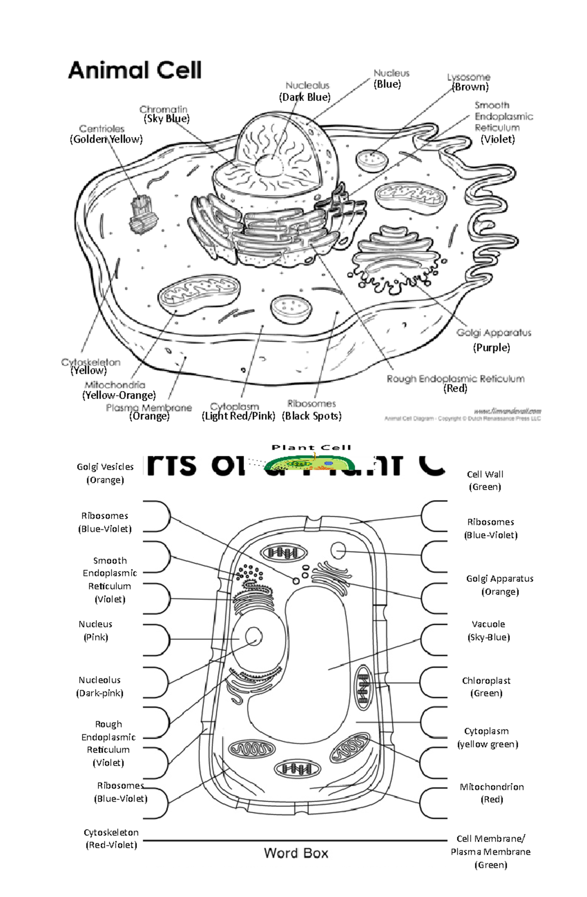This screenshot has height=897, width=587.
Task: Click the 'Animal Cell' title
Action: [x=135, y=70]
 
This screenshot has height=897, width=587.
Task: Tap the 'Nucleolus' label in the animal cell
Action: [x=307, y=86]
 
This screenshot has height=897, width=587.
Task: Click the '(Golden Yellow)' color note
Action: [x=106, y=139]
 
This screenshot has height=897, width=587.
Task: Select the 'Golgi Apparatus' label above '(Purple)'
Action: [x=494, y=333]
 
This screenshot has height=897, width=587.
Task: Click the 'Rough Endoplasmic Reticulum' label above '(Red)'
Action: [x=455, y=379]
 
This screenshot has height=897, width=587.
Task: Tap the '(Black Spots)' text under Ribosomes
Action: [x=312, y=416]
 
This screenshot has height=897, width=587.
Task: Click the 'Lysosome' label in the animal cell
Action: [x=468, y=77]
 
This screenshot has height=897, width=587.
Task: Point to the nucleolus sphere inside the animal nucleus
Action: [x=269, y=166]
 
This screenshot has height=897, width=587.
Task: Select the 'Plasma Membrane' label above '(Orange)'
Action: [x=149, y=408]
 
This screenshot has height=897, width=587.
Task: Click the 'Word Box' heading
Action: [x=296, y=853]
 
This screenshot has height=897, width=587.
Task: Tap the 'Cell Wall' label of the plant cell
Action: [x=485, y=474]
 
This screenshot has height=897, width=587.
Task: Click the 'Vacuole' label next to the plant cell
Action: [x=488, y=624]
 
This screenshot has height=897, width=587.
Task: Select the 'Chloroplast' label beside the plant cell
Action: [x=486, y=680]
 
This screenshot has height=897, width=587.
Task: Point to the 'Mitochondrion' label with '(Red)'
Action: [x=492, y=787]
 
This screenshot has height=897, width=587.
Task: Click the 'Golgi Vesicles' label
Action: [x=105, y=467]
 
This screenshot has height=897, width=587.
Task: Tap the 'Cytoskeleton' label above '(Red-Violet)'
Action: [x=111, y=832]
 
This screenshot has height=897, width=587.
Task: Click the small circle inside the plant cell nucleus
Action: [x=253, y=636]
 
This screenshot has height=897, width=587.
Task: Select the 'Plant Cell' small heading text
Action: [x=311, y=447]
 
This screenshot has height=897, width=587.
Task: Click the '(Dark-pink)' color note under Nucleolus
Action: [x=100, y=693]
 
